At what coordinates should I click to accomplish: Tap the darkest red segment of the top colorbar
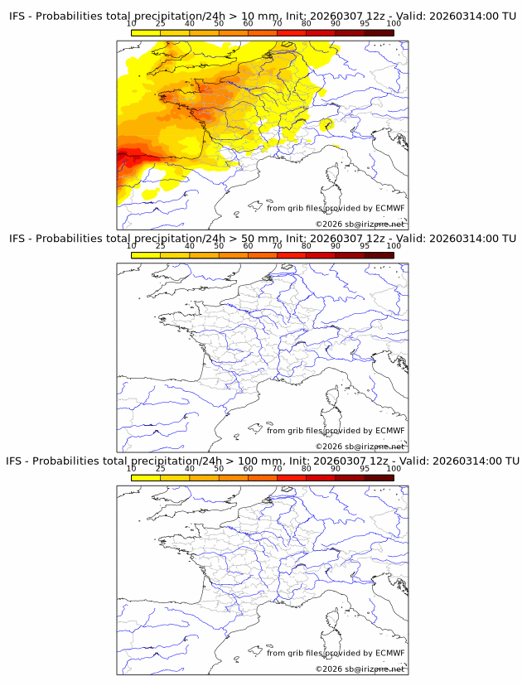pyautogui.click(x=379, y=33)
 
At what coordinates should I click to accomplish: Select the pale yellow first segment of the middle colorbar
pyautogui.click(x=145, y=255)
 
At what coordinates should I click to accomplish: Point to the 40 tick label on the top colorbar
pyautogui.click(x=189, y=23)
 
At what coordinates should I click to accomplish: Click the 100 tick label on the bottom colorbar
pyautogui.click(x=394, y=468)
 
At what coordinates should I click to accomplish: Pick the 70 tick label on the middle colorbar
pyautogui.click(x=277, y=246)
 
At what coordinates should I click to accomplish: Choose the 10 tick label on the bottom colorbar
pyautogui.click(x=131, y=468)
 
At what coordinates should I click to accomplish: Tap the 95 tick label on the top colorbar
pyautogui.click(x=365, y=23)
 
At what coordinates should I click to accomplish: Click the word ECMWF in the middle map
pyautogui.click(x=389, y=431)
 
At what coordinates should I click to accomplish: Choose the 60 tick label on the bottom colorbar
pyautogui.click(x=247, y=468)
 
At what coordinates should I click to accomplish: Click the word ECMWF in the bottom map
pyautogui.click(x=389, y=653)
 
